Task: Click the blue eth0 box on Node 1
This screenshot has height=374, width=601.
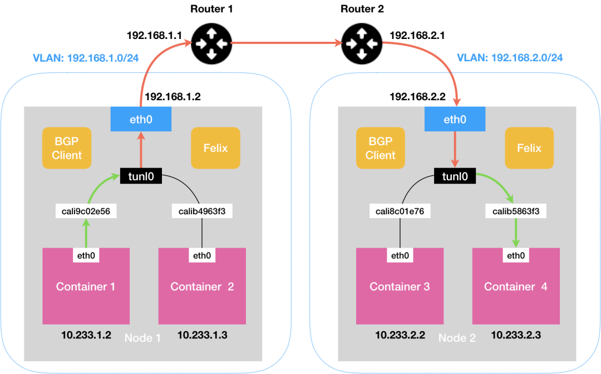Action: point(140,119)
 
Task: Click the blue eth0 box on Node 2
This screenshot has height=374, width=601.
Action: point(455,119)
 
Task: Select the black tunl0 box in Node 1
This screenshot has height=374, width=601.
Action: point(141,177)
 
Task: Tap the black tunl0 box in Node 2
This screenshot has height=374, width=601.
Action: point(455,177)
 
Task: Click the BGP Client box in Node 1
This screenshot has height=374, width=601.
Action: point(67,148)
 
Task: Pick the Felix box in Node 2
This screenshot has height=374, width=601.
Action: point(529,148)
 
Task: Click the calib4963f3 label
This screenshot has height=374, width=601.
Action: point(201,211)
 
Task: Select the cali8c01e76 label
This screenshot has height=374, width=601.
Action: point(400,211)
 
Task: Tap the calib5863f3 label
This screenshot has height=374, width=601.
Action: point(516,211)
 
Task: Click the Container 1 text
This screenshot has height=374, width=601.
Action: point(86,287)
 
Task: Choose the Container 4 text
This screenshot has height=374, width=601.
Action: point(516,287)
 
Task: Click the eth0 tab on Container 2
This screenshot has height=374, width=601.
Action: point(201,255)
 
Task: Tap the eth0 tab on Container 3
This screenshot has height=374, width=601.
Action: point(400,255)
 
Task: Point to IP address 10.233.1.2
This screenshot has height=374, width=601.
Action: point(86,335)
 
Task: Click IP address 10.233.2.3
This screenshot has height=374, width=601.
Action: point(516,335)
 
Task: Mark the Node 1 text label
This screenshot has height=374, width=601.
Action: point(142,338)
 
